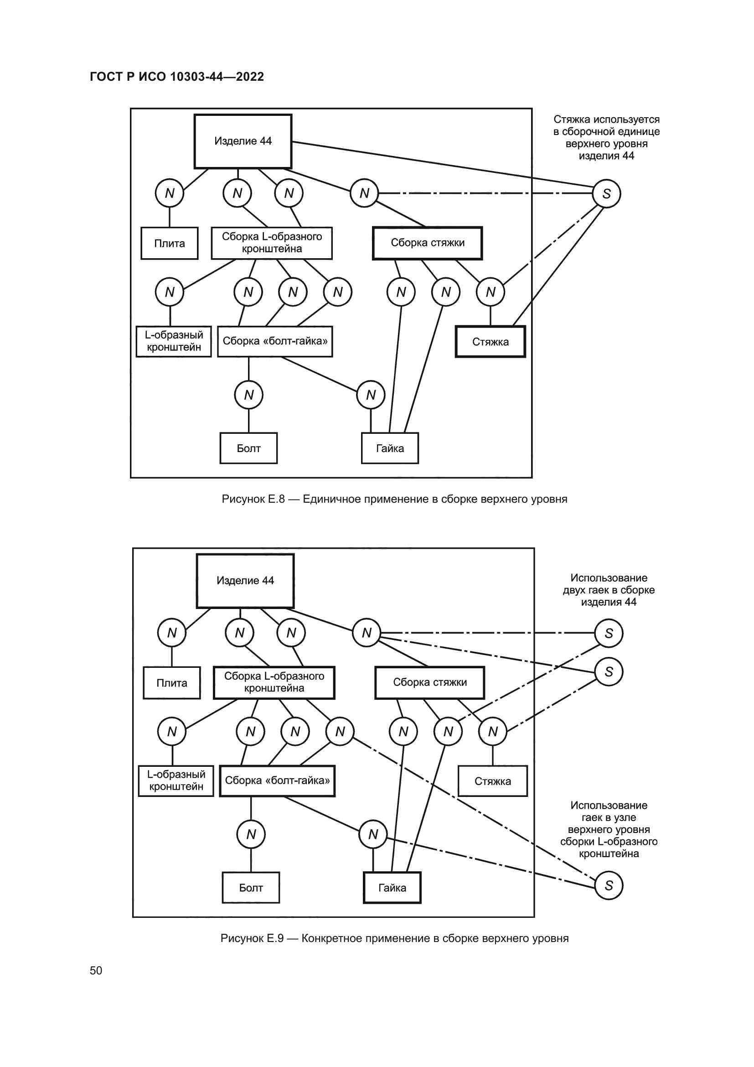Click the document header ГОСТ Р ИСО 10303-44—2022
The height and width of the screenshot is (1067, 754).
pos(176,77)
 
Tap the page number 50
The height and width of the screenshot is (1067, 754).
pos(96,970)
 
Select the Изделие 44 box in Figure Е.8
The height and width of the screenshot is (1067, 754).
pos(243,141)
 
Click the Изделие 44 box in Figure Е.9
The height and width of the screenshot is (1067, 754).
pos(245,580)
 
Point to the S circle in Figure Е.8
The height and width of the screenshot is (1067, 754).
pos(606,193)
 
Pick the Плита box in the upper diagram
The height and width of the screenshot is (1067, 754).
pos(170,243)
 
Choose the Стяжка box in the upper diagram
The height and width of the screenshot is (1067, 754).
pos(491,342)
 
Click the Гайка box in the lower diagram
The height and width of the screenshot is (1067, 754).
pos(392,888)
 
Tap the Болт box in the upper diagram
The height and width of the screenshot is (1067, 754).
pos(248,448)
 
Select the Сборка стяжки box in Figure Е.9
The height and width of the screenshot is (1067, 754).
pos(429,682)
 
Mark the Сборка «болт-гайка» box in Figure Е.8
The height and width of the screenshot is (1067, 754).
pos(275,341)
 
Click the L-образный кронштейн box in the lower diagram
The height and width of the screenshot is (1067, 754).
pos(176,781)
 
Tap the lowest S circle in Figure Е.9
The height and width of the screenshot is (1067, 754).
pos(609,885)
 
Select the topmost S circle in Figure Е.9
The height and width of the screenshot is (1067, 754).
pos(609,633)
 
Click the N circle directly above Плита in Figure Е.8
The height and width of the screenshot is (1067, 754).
pos(170,193)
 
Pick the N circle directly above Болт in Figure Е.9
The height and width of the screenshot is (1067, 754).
pos(251,834)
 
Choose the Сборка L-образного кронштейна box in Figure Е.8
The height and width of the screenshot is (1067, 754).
pos(272,243)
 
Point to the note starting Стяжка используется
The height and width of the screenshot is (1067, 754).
pos(606,138)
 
